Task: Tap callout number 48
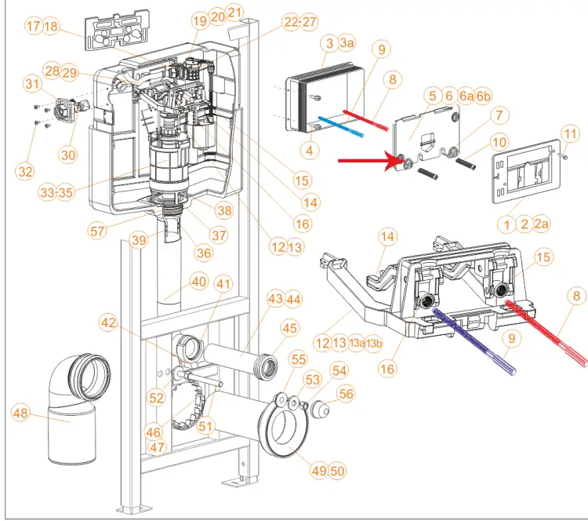click(20, 413)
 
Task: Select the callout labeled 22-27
click(300, 22)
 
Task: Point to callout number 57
click(97, 231)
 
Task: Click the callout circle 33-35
click(56, 192)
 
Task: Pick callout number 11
click(571, 134)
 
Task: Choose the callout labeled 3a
click(347, 43)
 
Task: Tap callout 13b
click(374, 343)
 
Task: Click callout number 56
click(346, 394)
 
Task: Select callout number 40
click(199, 282)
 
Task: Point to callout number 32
click(25, 172)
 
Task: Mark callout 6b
click(484, 96)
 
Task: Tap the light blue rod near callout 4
click(341, 126)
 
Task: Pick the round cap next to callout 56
click(321, 410)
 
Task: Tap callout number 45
click(289, 329)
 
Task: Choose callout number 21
click(234, 13)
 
